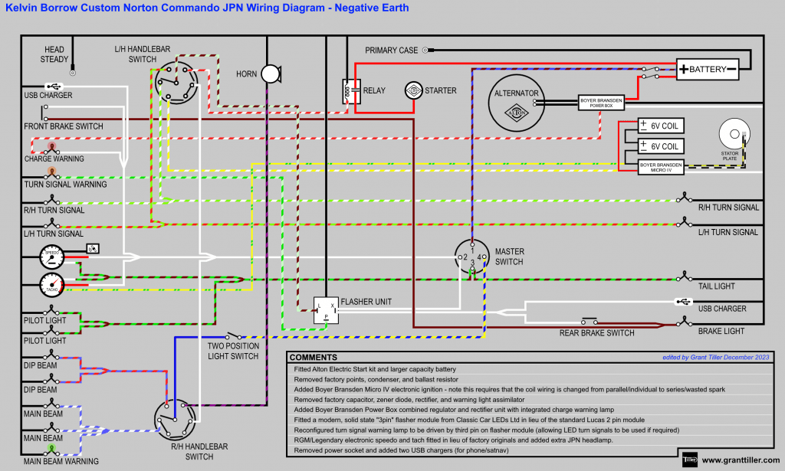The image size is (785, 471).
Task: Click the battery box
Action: point(707,70)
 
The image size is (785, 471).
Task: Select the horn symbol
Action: point(270,74)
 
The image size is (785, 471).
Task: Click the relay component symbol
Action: point(351,91)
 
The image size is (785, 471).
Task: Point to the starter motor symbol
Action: point(414,90)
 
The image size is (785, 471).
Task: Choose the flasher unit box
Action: point(325,308)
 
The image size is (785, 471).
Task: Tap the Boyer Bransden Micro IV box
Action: point(661,166)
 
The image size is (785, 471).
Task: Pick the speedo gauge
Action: point(52,259)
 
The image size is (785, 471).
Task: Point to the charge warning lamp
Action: point(52,146)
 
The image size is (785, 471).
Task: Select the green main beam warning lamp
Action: point(51,448)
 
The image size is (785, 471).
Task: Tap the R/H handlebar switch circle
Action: point(173,420)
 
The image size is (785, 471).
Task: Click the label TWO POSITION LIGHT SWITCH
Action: point(234,352)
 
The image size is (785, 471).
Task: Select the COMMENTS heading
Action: point(314,358)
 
